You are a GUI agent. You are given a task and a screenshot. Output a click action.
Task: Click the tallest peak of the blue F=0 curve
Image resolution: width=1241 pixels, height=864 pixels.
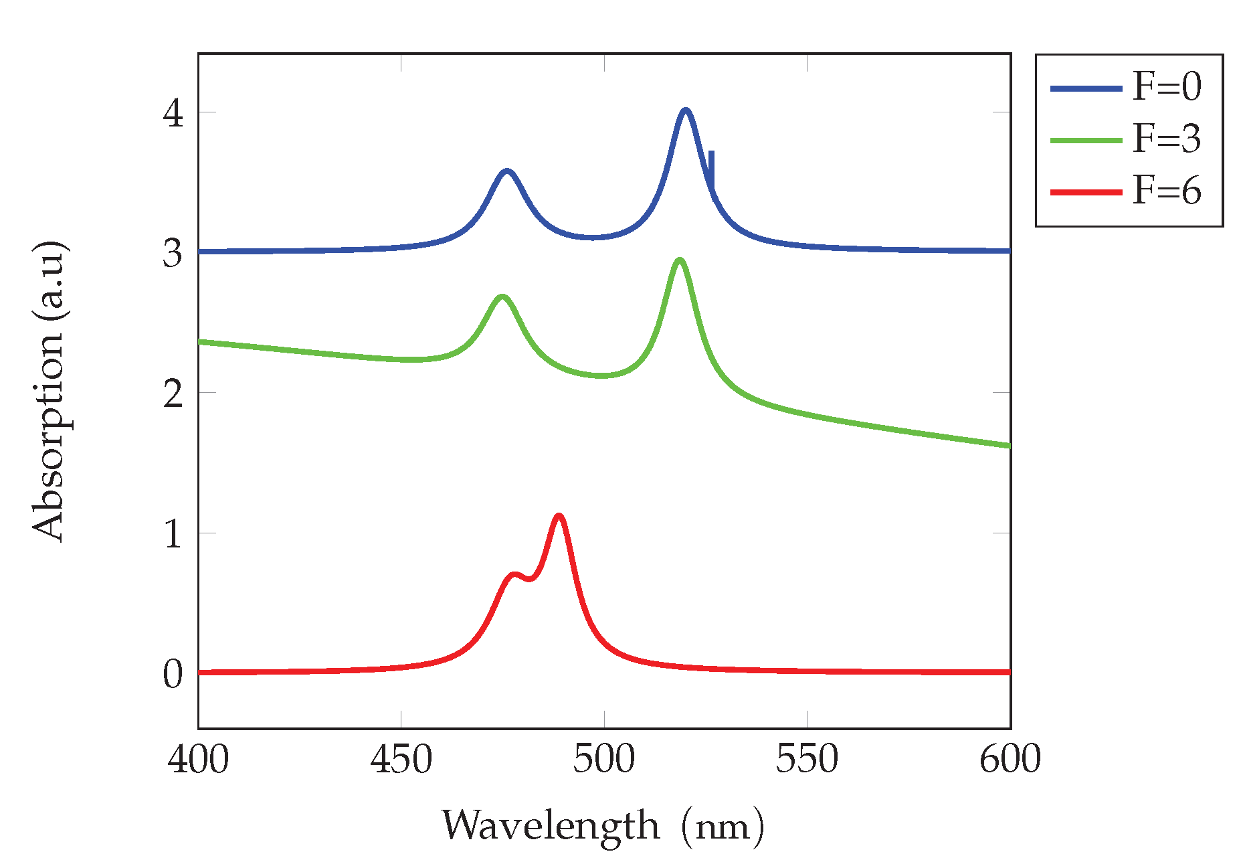685,110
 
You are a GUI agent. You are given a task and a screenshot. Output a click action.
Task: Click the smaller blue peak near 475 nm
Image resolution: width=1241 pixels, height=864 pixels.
507,171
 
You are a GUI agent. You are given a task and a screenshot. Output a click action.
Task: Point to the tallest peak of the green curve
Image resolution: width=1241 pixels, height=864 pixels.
680,260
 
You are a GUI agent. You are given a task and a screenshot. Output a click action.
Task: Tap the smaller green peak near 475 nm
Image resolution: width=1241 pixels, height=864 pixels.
502,296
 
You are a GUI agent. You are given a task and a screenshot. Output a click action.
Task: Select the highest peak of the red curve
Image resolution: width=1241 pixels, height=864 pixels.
559,516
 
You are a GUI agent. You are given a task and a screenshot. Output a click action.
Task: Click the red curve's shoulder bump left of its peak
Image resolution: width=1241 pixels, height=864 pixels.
514,575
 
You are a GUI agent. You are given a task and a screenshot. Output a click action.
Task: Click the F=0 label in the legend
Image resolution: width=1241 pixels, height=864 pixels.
1167,87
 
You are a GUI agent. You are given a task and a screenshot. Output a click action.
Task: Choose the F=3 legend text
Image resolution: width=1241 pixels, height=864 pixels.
1167,139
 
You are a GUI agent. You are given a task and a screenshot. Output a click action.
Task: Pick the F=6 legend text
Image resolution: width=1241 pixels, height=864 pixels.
1167,191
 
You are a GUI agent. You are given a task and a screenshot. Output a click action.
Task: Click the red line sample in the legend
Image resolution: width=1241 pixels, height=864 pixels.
1086,192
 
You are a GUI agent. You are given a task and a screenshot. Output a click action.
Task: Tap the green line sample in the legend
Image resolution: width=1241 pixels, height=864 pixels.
1086,140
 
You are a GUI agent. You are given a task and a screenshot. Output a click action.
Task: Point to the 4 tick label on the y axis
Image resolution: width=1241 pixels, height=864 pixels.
173,112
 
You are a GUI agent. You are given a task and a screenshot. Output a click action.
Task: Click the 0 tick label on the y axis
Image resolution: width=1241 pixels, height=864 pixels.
173,673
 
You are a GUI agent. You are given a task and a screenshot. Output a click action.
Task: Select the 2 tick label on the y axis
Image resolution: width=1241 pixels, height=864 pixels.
173,393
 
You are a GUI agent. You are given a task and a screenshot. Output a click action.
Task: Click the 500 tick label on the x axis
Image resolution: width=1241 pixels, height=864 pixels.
603,760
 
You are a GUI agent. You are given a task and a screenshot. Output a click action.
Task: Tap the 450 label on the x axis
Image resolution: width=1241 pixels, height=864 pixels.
401,760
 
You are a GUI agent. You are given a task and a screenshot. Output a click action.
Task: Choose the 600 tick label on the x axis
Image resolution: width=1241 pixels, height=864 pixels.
1010,760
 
